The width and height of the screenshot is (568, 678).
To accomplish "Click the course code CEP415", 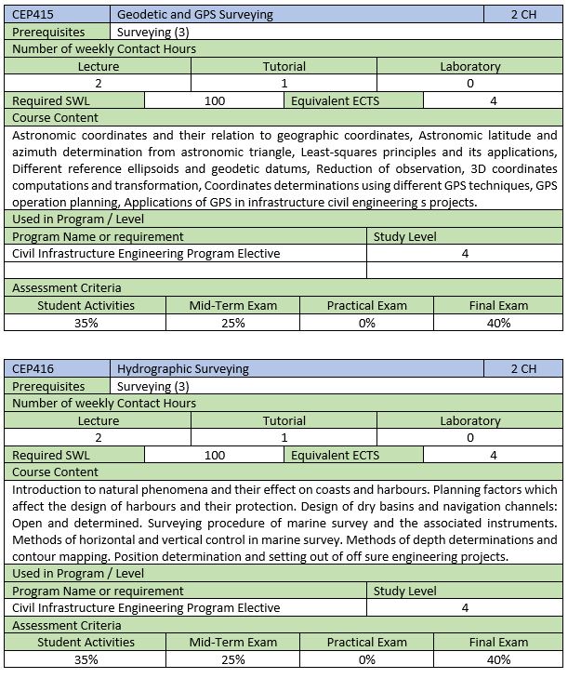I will tap(32, 15).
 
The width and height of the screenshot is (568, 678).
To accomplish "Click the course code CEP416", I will tap(32, 368).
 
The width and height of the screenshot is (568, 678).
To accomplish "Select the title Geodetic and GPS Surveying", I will tap(194, 15).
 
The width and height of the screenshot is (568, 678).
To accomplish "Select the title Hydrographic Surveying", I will tap(182, 368).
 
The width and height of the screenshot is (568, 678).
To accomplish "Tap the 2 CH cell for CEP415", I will tap(523, 15).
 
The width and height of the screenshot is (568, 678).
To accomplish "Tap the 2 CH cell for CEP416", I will tap(523, 368).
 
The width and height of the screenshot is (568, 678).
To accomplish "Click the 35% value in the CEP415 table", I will tap(86, 323).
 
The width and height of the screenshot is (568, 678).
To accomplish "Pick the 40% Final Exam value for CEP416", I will tap(498, 659).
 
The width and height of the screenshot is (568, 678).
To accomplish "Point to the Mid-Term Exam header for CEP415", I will tap(232, 305).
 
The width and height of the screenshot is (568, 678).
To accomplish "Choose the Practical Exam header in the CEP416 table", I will tap(366, 642).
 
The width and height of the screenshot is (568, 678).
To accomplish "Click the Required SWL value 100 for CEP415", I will tap(215, 100).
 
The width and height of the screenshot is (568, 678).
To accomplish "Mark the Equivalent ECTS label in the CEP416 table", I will tap(335, 455).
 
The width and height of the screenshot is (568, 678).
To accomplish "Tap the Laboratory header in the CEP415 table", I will tap(469, 67).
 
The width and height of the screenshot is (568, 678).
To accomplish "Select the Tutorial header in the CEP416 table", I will tap(284, 421).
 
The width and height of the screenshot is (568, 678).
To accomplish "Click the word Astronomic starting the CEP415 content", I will tap(46, 135).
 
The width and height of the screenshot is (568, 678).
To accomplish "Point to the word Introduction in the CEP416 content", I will tap(49, 489).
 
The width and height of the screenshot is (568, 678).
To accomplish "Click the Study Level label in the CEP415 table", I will tap(404, 236).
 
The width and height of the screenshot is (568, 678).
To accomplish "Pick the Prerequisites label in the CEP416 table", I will tap(48, 386).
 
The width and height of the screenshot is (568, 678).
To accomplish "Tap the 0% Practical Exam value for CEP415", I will tap(366, 323).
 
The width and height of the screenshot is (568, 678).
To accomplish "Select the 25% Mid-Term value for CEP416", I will tap(232, 659).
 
